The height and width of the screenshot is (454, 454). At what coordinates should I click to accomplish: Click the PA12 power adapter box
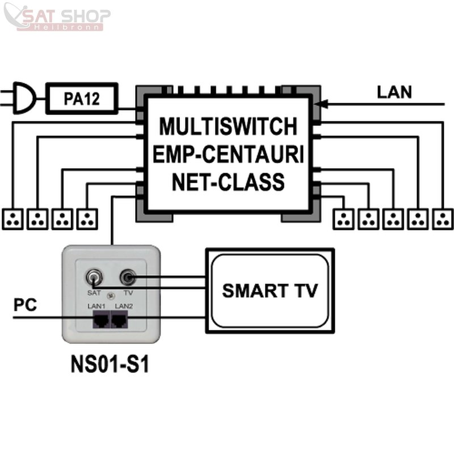(x=81, y=98)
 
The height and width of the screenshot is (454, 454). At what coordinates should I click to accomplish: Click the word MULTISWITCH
(x=228, y=127)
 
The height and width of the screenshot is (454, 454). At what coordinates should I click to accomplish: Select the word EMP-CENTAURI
(x=228, y=154)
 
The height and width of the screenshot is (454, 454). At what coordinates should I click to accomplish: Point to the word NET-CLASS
(x=228, y=183)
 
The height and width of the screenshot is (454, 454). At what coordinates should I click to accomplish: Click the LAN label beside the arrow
(x=394, y=93)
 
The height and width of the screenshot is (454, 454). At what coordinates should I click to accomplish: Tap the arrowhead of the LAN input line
(x=319, y=104)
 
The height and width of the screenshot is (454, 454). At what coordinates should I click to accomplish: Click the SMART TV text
(x=270, y=291)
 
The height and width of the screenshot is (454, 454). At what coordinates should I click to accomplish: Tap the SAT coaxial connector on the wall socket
(x=94, y=278)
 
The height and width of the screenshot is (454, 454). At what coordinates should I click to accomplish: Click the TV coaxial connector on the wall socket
(x=127, y=278)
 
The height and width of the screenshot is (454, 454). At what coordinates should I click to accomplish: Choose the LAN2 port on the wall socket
(x=120, y=321)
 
